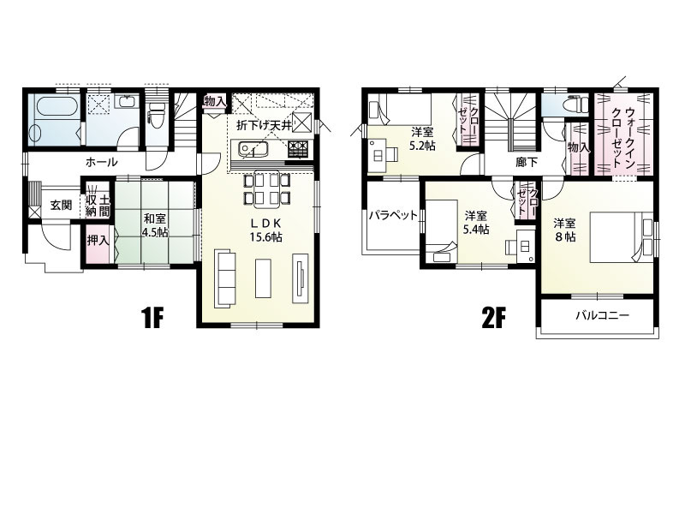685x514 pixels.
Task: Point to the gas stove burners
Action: (298, 148)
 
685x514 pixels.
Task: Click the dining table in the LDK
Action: (266, 189)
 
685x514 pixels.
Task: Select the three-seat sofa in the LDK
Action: (225, 278)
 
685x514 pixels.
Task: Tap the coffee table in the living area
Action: (263, 278)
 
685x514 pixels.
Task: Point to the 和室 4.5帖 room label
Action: (156, 224)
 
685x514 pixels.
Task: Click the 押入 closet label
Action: (97, 240)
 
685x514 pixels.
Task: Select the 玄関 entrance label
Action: (61, 205)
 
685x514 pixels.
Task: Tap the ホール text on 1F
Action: (101, 162)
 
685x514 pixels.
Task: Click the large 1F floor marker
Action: (152, 318)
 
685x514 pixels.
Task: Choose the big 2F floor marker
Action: (493, 318)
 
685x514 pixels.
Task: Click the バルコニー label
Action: (602, 315)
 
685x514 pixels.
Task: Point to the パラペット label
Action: (393, 215)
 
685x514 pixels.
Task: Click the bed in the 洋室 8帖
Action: (622, 237)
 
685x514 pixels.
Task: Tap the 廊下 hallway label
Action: (527, 162)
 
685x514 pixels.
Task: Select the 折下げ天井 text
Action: (264, 126)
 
